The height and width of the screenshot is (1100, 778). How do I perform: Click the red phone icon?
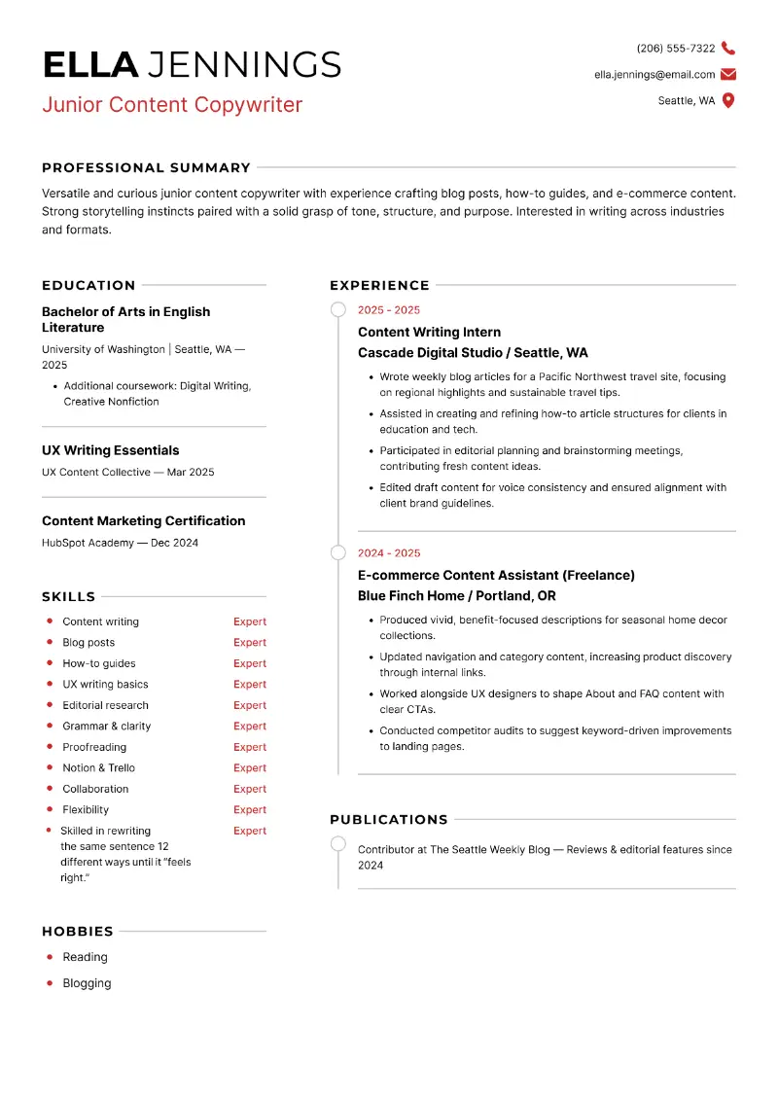[x=728, y=49]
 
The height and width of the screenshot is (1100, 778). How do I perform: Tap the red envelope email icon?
[x=728, y=75]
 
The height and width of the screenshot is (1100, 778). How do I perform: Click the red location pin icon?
[x=728, y=101]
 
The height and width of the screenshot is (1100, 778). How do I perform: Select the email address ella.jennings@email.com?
[x=654, y=75]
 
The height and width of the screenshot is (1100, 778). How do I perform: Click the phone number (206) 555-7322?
[x=676, y=49]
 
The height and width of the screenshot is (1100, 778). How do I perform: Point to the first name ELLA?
[x=90, y=65]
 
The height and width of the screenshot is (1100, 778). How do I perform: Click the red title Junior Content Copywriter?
[x=172, y=105]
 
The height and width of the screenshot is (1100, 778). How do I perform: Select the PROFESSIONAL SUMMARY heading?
[x=146, y=167]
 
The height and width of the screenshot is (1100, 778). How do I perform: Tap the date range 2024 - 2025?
[x=389, y=553]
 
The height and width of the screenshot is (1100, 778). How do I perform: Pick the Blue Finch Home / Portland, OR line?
[x=457, y=596]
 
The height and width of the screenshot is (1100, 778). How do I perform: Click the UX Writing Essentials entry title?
[x=111, y=450]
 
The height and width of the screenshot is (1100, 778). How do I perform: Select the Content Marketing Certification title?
[x=144, y=521]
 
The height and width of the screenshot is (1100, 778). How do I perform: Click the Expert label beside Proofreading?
[x=250, y=747]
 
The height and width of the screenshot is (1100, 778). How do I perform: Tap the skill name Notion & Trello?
[x=99, y=768]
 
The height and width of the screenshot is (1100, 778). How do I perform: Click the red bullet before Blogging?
[x=50, y=983]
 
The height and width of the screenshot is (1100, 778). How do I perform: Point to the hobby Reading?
[x=86, y=957]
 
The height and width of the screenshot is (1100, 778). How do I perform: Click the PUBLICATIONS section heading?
[x=389, y=820]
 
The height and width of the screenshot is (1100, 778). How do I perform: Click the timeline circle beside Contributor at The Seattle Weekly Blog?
[x=337, y=844]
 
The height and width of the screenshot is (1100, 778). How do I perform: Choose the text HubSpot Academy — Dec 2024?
[x=120, y=543]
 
